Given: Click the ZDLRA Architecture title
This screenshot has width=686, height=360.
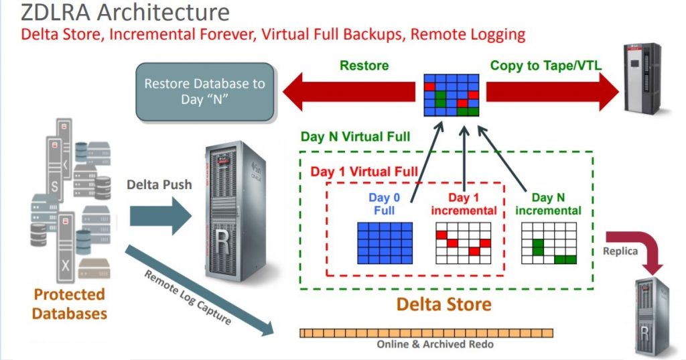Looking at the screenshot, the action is (125, 12).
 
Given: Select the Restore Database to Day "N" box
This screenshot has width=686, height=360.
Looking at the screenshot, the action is (205, 92).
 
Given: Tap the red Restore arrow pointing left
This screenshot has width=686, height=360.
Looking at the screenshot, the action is (348, 92).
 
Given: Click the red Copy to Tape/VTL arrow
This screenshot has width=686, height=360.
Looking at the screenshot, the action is (553, 92).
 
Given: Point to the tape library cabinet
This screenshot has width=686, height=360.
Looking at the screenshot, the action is (643, 79).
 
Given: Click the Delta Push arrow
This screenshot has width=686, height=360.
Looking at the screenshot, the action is (161, 216).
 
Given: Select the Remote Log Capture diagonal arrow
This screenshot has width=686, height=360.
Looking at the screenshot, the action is (200, 291).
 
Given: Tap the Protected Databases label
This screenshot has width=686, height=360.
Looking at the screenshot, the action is (69, 304).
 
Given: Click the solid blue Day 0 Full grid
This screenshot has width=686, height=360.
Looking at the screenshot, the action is (385, 243).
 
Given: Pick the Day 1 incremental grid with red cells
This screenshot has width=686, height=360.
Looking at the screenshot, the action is (464, 243).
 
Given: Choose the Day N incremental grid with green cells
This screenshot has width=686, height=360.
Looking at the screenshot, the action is (549, 243).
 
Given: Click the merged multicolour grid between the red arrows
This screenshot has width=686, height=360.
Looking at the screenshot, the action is (451, 95).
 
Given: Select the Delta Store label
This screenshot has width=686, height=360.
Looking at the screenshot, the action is (443, 304).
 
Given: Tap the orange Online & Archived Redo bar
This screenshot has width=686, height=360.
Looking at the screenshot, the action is (426, 333).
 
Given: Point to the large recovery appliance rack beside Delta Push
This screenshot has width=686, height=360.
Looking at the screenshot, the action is (237, 212).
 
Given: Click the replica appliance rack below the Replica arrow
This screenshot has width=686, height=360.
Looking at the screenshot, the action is (653, 318).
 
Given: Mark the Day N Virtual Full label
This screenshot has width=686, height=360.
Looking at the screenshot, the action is (355, 137).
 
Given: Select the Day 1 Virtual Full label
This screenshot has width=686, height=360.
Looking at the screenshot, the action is (364, 171).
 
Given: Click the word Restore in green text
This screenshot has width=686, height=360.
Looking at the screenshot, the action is (364, 66).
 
